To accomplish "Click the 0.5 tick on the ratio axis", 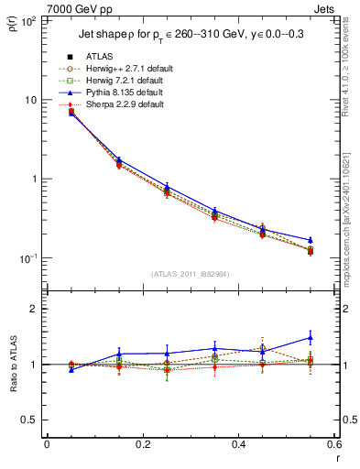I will coord(33,420).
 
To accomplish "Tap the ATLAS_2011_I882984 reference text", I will coord(191,275).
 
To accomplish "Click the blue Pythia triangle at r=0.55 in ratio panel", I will coord(311,338).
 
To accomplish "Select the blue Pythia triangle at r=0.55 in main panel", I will coord(311,240).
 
